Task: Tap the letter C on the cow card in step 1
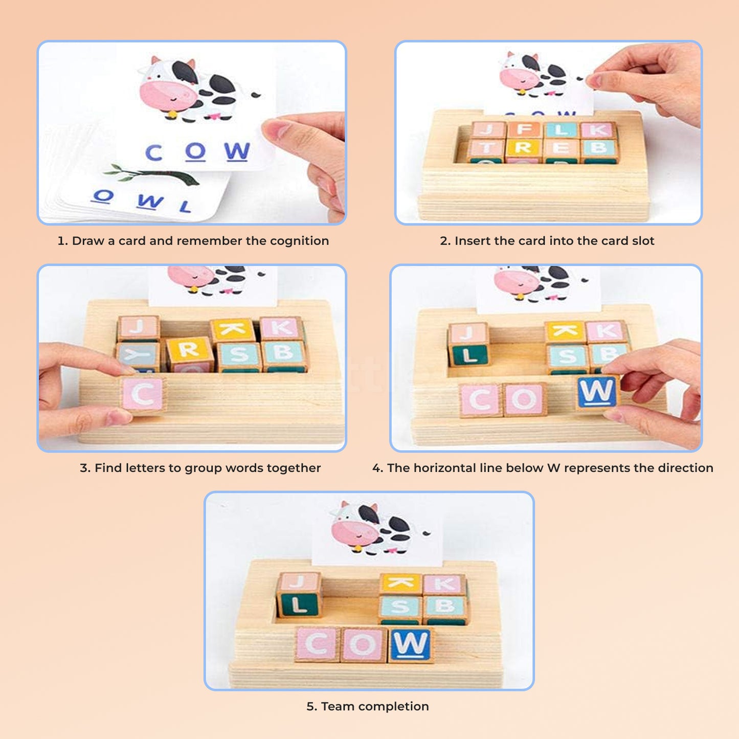[153, 152]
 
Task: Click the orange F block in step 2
[525, 130]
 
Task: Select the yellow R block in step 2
[523, 149]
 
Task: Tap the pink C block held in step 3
[143, 394]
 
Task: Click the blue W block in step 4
[596, 392]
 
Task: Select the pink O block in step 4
[524, 399]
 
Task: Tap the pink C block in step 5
[317, 644]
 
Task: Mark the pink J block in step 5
[299, 581]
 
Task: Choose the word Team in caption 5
[338, 706]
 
